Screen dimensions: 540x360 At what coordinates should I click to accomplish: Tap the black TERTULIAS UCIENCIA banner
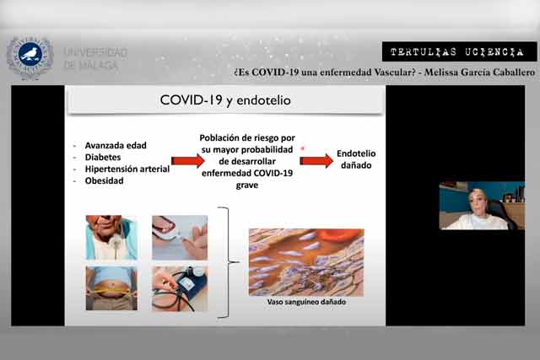(459, 52)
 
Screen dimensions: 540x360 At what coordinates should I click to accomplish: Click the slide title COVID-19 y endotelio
(225, 100)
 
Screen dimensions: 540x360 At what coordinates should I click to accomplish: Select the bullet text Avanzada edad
(116, 146)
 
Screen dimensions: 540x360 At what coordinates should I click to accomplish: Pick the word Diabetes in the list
(103, 158)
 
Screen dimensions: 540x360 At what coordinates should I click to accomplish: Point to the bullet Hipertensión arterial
(127, 169)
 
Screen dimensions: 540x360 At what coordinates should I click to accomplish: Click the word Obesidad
(105, 180)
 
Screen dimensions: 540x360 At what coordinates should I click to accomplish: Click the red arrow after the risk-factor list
(187, 161)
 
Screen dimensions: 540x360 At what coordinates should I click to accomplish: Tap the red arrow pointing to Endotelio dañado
(316, 161)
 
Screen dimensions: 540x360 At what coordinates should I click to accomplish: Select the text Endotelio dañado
(356, 159)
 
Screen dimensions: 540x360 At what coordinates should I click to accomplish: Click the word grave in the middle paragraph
(247, 185)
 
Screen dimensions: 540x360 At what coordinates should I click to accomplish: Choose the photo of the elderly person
(111, 238)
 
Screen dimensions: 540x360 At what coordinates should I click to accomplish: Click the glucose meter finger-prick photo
(180, 238)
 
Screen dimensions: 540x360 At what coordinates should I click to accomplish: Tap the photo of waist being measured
(111, 288)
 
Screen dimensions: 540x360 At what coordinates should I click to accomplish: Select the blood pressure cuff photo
(180, 288)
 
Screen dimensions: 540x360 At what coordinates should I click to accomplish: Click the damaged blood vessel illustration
(306, 262)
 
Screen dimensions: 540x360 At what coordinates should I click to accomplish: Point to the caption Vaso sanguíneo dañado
(306, 302)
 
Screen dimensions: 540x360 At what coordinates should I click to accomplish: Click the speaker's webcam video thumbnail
(482, 206)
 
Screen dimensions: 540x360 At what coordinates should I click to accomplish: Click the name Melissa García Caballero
(480, 73)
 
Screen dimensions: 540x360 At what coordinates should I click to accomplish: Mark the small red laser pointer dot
(303, 148)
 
